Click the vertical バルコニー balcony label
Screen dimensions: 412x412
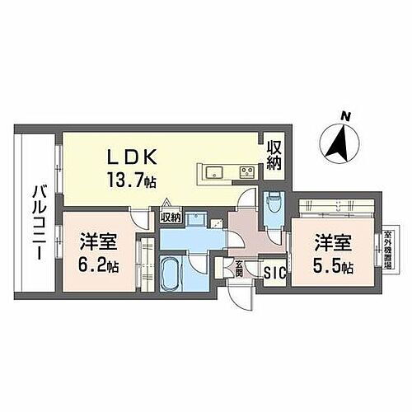click(36, 222)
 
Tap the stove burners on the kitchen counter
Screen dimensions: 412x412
click(246, 172)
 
